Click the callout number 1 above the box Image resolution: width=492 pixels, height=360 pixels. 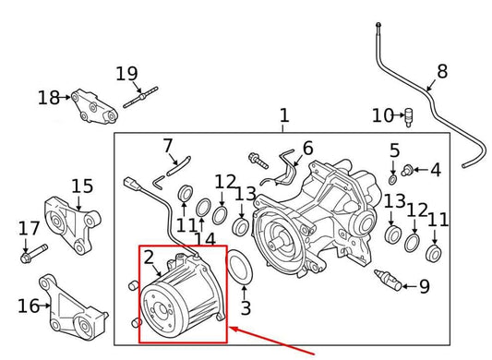click(x=284, y=115)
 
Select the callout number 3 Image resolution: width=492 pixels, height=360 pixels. click(x=246, y=307)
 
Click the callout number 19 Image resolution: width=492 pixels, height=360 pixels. click(x=126, y=73)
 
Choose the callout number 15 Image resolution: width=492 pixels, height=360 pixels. click(x=82, y=187)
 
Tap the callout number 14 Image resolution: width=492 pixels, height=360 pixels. click(x=210, y=239)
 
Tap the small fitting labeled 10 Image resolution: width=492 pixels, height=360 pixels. click(x=407, y=115)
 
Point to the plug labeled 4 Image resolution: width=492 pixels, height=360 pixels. click(x=408, y=170)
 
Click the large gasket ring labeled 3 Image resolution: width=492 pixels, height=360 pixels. click(x=241, y=270)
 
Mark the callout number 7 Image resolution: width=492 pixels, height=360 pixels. click(x=167, y=145)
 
